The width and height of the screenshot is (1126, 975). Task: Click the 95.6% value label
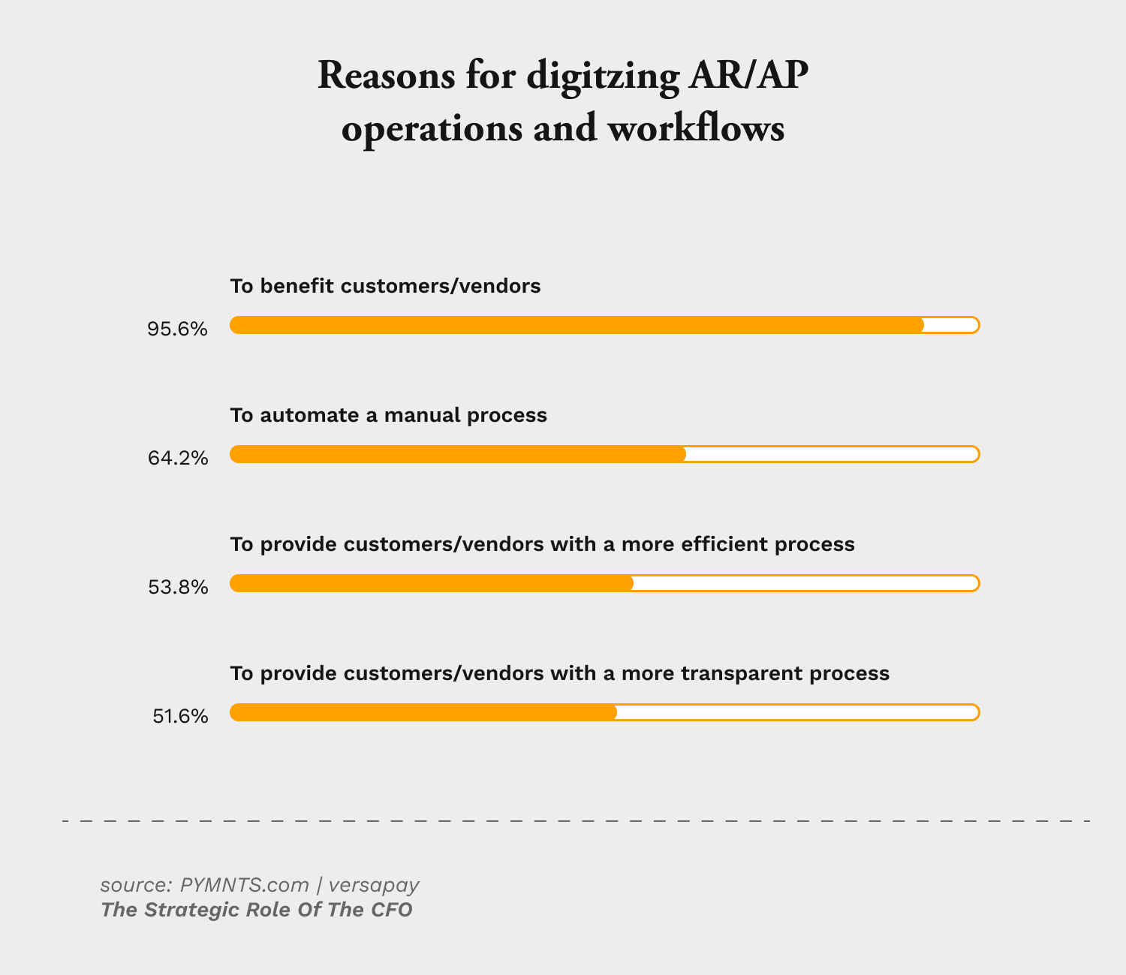click(x=178, y=329)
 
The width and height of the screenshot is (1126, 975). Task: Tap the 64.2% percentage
click(x=178, y=458)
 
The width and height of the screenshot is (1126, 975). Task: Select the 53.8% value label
click(x=178, y=587)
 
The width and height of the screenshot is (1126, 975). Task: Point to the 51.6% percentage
click(x=180, y=716)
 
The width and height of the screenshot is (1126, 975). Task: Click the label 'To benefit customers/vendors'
click(x=385, y=286)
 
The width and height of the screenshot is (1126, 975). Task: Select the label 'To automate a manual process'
click(x=388, y=415)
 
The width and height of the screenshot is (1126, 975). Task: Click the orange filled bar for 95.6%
click(x=577, y=325)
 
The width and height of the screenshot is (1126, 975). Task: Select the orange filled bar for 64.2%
click(x=458, y=454)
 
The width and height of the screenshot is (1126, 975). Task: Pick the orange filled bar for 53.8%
click(x=432, y=583)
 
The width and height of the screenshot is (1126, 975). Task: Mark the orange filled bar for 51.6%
click(x=423, y=712)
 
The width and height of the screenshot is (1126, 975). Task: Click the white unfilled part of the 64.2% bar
click(x=832, y=454)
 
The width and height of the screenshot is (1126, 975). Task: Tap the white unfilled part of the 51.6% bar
click(x=797, y=712)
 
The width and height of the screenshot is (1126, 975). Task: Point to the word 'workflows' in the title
click(x=695, y=128)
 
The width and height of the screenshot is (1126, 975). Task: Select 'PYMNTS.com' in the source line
click(x=245, y=885)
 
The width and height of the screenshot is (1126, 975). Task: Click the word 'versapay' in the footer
click(x=374, y=885)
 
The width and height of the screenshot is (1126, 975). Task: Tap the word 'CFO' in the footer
click(x=391, y=910)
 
